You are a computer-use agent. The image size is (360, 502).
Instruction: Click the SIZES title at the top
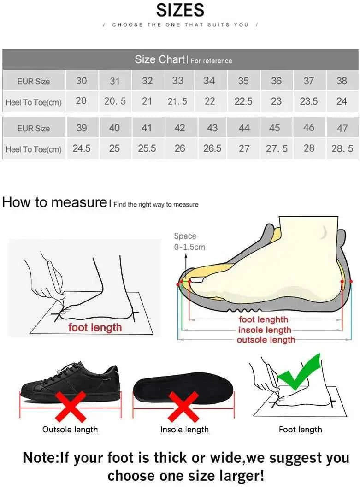tap(180, 10)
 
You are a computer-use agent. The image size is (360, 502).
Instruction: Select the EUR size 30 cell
tap(81, 81)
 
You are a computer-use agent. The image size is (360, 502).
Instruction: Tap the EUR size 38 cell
tap(342, 81)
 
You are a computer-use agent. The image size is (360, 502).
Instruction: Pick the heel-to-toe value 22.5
tap(243, 101)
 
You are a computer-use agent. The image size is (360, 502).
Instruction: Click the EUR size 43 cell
tap(212, 128)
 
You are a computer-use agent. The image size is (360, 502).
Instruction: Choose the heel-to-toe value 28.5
tap(342, 148)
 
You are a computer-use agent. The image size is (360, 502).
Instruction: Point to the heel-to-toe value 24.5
tap(82, 148)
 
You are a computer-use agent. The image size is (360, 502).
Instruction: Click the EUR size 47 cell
tap(342, 128)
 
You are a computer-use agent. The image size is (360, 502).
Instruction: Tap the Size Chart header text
tap(159, 59)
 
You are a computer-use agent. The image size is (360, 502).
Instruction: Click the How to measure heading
tap(54, 202)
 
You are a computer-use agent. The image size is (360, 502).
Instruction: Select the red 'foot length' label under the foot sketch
tap(95, 328)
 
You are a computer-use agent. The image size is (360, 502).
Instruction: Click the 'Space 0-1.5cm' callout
tap(189, 242)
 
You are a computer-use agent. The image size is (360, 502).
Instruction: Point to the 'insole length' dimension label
tap(265, 330)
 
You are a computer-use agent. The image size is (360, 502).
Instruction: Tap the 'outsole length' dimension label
tap(266, 340)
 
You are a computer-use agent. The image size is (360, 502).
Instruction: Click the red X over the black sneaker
tap(71, 406)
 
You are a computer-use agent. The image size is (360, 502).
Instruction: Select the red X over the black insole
tap(183, 406)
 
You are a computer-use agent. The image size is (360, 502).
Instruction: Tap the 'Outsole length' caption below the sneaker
tap(70, 430)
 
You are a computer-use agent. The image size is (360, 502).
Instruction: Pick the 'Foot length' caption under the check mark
tap(300, 430)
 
